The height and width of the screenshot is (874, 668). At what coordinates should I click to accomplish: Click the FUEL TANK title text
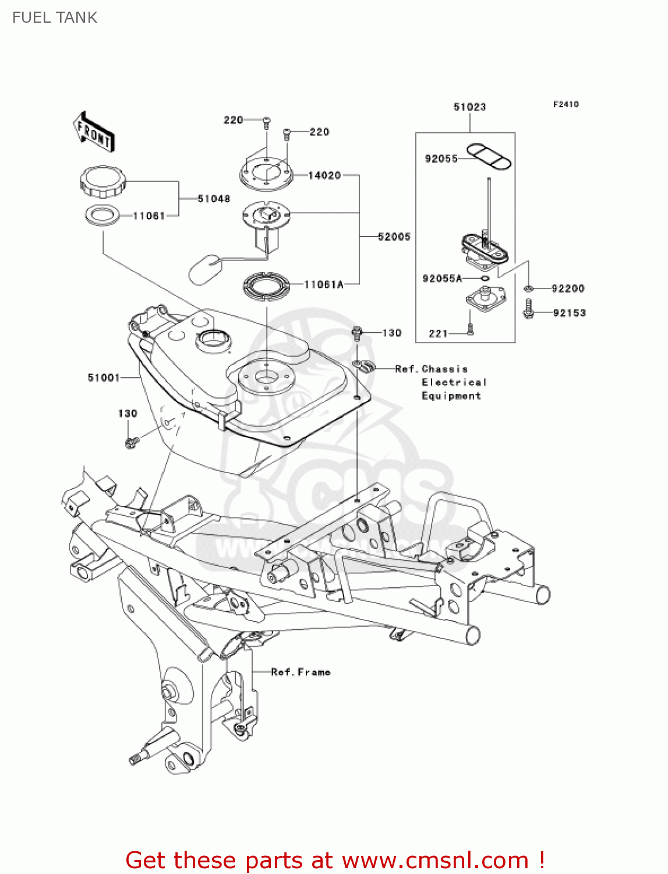(55, 17)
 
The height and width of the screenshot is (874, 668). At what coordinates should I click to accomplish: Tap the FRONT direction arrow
(93, 133)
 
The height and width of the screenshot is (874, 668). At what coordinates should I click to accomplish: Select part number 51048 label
(214, 199)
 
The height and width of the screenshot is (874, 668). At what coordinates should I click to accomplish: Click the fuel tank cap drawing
(103, 181)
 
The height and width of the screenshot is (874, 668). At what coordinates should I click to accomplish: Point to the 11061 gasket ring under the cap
(103, 216)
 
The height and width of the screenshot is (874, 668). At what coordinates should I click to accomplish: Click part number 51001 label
(103, 378)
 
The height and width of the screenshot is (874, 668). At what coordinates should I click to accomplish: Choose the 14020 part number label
(324, 175)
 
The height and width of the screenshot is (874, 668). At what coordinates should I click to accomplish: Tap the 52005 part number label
(394, 237)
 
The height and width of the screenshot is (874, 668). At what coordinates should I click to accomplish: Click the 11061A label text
(324, 284)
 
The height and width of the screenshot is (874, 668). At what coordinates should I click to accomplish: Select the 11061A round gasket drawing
(266, 286)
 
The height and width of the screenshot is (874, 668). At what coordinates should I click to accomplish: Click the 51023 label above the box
(469, 107)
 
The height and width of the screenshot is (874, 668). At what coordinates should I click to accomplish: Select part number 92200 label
(568, 288)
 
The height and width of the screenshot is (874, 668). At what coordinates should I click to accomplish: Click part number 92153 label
(569, 313)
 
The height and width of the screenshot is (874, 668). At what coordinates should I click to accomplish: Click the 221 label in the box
(438, 333)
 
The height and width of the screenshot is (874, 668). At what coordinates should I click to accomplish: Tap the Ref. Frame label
(301, 672)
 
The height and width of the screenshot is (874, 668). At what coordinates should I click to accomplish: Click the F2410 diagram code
(565, 104)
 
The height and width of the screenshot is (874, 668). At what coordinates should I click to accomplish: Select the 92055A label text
(442, 279)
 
